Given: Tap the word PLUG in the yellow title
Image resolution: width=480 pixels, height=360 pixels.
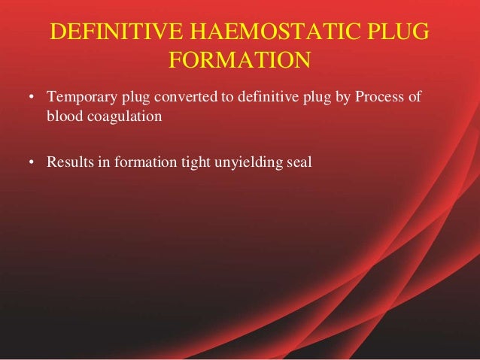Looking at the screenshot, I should click(401, 33).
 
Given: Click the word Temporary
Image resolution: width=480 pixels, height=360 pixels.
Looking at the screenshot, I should click(79, 98).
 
